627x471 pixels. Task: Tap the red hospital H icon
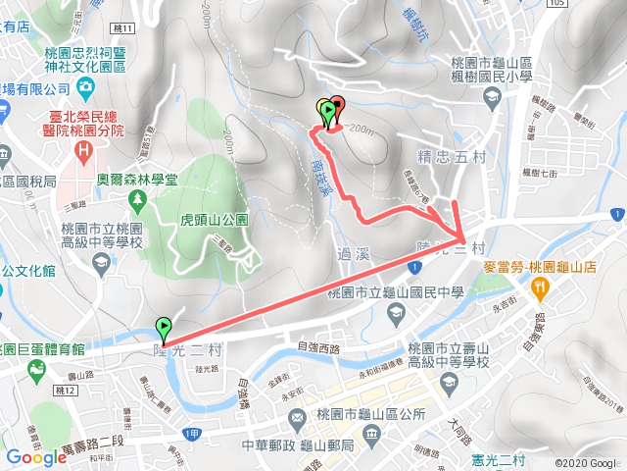[84, 152]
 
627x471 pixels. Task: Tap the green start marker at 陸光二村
[163, 328]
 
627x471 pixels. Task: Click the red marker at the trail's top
[338, 106]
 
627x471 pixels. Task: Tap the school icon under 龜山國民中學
[396, 313]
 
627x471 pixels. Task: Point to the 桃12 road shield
[66, 391]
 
